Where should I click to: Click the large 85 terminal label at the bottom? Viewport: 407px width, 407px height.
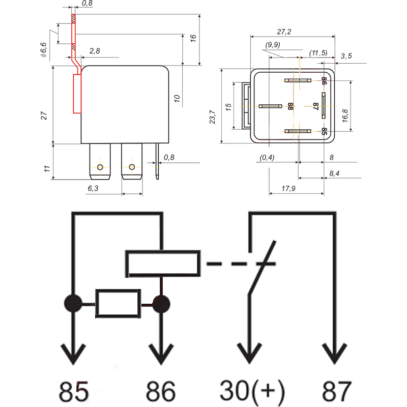(x=74, y=391)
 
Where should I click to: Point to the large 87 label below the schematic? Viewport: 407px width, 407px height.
(x=336, y=391)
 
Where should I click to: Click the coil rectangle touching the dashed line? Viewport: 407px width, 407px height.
(x=162, y=264)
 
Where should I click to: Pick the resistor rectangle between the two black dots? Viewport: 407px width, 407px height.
(x=118, y=304)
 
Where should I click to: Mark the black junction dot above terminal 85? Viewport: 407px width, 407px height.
(x=73, y=304)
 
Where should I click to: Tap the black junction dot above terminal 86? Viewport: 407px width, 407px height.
(x=161, y=304)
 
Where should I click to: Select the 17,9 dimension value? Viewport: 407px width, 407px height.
(x=288, y=189)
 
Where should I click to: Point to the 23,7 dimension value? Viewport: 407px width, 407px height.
(x=213, y=117)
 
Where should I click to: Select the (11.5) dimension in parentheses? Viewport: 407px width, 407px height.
(x=319, y=53)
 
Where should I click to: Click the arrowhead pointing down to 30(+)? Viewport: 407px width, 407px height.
(x=249, y=354)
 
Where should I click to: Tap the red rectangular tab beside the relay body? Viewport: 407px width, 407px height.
(x=77, y=94)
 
